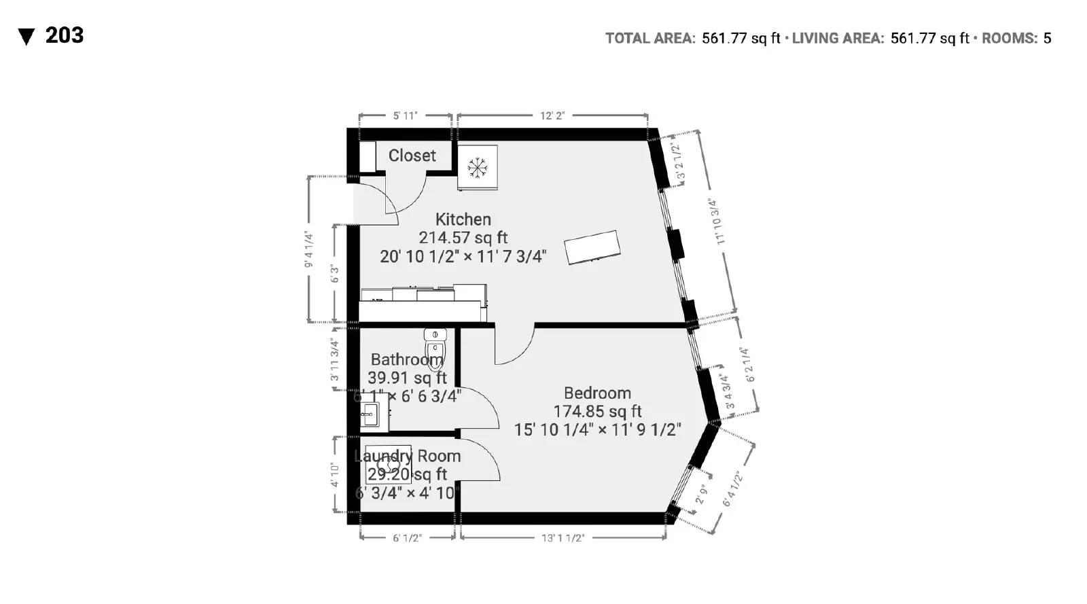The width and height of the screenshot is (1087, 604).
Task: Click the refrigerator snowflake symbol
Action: point(477,167)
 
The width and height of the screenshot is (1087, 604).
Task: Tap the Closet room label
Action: point(412,156)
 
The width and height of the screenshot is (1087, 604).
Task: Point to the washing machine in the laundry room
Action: point(388,465)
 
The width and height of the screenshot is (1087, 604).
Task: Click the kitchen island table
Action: point(592,247)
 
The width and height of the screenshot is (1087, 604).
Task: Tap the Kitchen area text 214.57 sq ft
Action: point(463,238)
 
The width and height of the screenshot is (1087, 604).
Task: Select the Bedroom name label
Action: point(597,393)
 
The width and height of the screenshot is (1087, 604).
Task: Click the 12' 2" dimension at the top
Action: point(552,116)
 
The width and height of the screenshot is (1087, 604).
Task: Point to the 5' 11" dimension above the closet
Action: point(405,116)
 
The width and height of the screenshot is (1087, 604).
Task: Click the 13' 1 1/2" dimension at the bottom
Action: point(563,537)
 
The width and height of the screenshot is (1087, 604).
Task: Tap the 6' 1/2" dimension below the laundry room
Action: point(407,537)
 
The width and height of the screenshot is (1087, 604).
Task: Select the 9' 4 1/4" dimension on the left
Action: point(309,249)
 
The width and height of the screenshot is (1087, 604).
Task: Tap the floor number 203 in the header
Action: point(65,35)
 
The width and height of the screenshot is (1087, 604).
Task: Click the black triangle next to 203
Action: point(26,37)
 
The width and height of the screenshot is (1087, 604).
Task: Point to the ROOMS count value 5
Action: point(1047,38)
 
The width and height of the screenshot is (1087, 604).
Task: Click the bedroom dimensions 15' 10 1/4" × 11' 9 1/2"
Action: point(597,429)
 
